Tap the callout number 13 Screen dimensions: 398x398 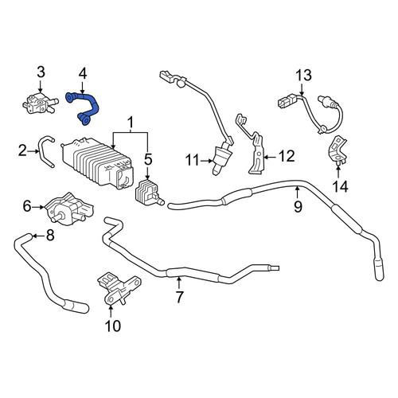tap(303, 76)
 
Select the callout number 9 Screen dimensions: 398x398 tap(298, 206)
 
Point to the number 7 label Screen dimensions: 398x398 tap(179, 297)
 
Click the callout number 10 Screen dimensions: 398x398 tap(113, 326)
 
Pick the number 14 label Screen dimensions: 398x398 tap(340, 186)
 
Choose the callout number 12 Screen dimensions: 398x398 tap(287, 156)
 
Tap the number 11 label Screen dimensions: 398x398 tap(192, 160)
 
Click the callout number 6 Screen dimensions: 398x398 tap(27, 206)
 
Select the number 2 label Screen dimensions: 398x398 tap(22, 151)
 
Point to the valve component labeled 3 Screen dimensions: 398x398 tap(40, 103)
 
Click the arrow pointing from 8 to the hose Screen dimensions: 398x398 tap(37, 236)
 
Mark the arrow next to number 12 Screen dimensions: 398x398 tap(270, 157)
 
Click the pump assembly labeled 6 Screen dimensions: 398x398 tap(68, 209)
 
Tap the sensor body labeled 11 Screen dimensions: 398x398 tap(222, 156)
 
